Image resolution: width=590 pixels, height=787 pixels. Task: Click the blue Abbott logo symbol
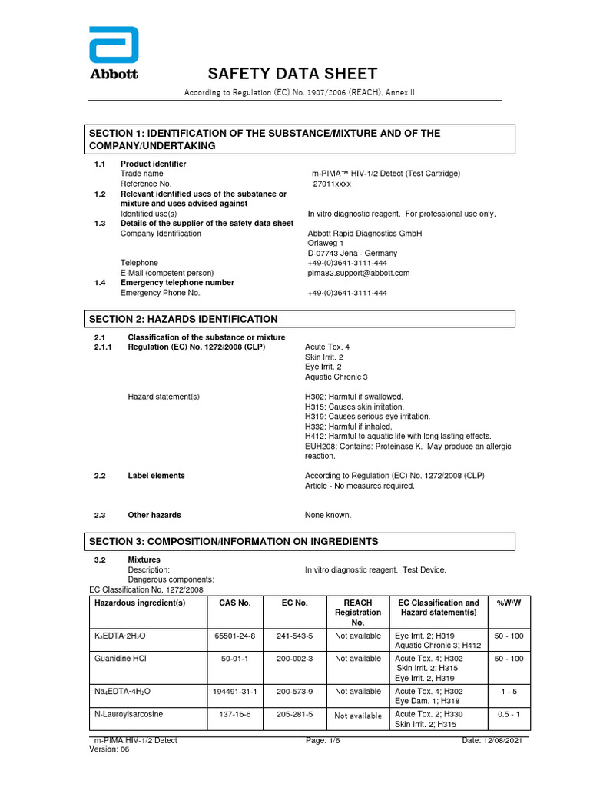[x=114, y=45]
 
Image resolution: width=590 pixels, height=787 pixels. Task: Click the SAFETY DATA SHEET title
[x=293, y=74]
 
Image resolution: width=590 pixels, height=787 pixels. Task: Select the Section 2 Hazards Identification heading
[x=184, y=319]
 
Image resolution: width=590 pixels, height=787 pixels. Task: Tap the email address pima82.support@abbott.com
[x=359, y=273]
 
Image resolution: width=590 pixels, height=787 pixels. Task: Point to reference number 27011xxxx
[x=331, y=184]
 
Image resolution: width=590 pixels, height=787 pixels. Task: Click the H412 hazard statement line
[x=398, y=437]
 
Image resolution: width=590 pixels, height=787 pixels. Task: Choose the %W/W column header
[x=509, y=603]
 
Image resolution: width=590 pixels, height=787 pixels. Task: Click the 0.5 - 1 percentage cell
[x=509, y=715]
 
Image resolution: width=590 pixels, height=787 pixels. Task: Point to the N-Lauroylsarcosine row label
[x=128, y=715]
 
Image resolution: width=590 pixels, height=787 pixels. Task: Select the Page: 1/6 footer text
[x=328, y=740]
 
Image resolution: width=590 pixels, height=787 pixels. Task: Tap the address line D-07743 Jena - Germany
[x=352, y=254]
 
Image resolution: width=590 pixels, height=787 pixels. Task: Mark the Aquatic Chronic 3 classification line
[x=336, y=377]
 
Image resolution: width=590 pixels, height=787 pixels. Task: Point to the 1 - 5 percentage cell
[x=509, y=692]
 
